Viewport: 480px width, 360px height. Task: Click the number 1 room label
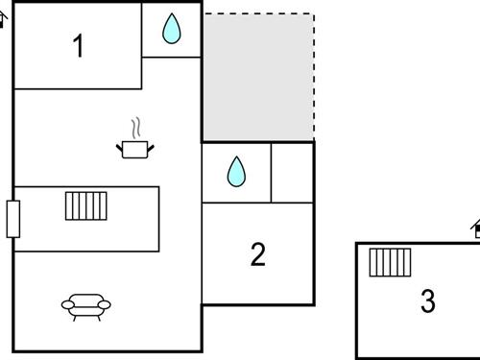point(79,46)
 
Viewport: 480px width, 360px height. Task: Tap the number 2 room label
point(257,254)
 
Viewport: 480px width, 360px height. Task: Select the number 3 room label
point(428,301)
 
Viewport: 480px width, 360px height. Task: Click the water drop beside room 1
point(172,29)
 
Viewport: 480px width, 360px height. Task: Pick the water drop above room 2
point(236,172)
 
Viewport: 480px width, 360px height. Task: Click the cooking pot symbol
point(135,148)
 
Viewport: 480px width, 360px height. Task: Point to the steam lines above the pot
point(136,128)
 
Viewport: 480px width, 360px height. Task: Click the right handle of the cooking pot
point(152,146)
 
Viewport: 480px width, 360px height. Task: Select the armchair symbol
point(86,305)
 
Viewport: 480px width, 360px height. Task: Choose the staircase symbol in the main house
point(85,205)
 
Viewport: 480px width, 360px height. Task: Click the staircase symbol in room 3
point(390,261)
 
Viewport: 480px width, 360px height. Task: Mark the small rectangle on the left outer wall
point(12,218)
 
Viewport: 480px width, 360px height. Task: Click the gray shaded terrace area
point(257,77)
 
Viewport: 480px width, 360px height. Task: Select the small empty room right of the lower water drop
point(293,172)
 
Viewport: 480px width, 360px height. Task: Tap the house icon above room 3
point(475,228)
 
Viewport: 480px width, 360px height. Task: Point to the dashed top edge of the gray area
point(257,13)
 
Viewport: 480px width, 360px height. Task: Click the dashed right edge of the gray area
point(314,77)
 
